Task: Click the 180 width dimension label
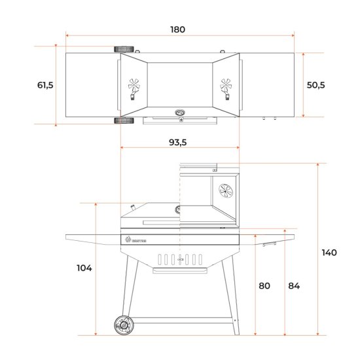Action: click(x=178, y=29)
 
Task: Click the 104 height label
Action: click(x=84, y=268)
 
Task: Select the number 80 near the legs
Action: click(x=265, y=285)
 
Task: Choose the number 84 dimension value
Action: click(x=295, y=285)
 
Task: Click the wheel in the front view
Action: click(x=122, y=324)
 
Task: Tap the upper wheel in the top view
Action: click(x=125, y=50)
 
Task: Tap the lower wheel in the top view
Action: click(x=125, y=120)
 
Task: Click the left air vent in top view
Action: click(x=134, y=84)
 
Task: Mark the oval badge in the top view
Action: click(x=180, y=113)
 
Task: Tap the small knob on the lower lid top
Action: click(x=134, y=208)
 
